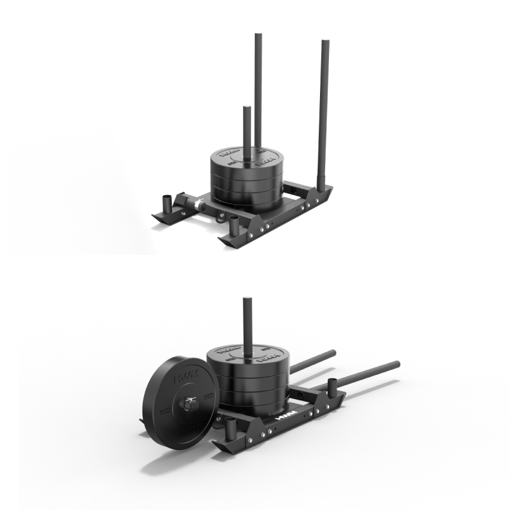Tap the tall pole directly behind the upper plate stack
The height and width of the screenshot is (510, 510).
(x=258, y=83)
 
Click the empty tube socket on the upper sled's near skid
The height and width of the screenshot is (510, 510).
(x=234, y=225)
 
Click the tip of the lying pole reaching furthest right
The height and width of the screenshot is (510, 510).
(x=396, y=364)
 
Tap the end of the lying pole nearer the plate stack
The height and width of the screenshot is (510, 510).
(x=332, y=352)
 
